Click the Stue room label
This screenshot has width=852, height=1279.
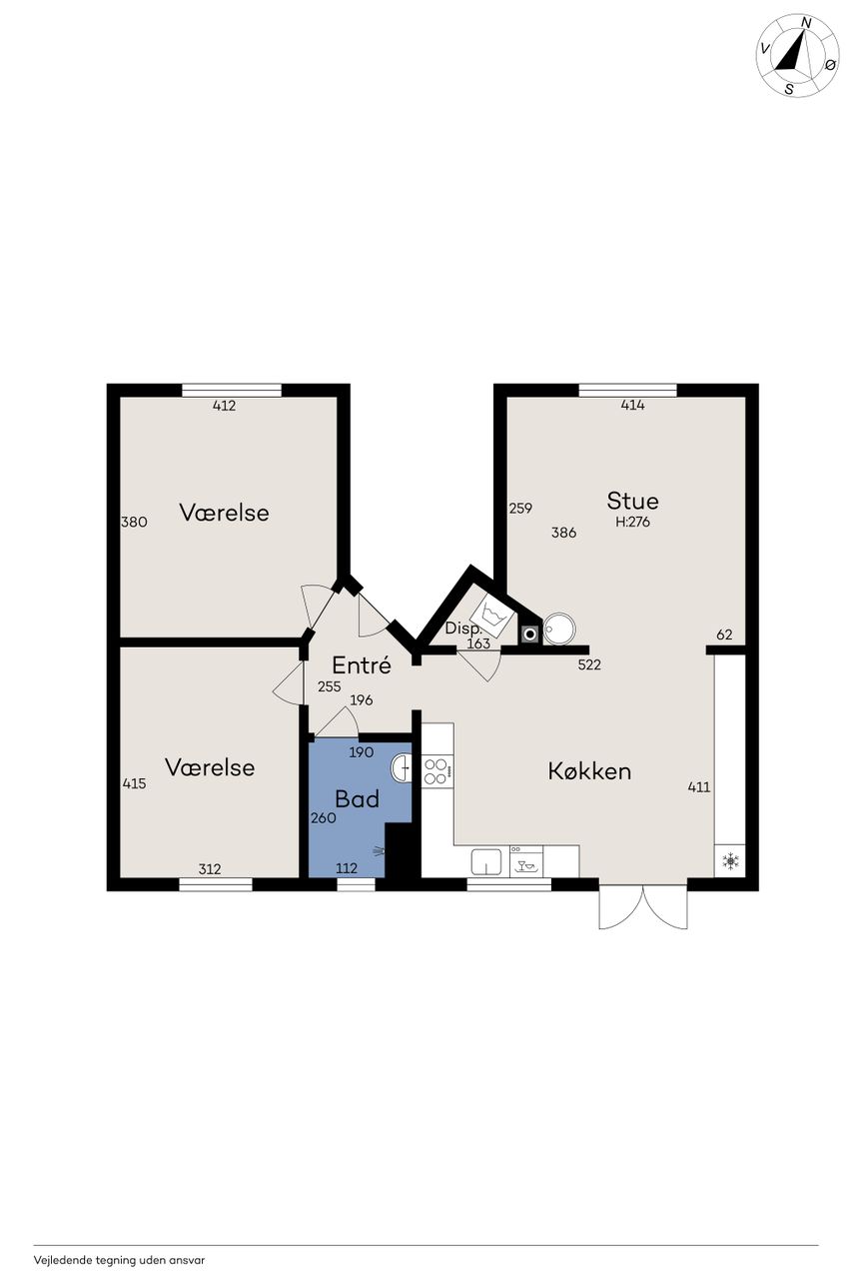pyautogui.click(x=632, y=501)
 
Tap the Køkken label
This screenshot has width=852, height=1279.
pyautogui.click(x=589, y=771)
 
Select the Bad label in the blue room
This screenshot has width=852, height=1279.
pyautogui.click(x=358, y=798)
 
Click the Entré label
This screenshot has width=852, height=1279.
pyautogui.click(x=362, y=664)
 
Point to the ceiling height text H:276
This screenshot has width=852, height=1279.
pyautogui.click(x=633, y=522)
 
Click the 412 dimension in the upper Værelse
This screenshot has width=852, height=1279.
pyautogui.click(x=225, y=406)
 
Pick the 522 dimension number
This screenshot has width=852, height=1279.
pyautogui.click(x=589, y=664)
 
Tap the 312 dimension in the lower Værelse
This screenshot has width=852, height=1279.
pyautogui.click(x=210, y=869)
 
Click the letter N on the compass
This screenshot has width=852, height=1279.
pyautogui.click(x=806, y=22)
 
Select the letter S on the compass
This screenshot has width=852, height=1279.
pyautogui.click(x=789, y=89)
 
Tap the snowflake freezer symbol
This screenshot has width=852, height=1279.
pyautogui.click(x=730, y=860)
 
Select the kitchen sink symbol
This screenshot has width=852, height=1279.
pyautogui.click(x=486, y=861)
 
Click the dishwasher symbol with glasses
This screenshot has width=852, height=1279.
pyautogui.click(x=526, y=861)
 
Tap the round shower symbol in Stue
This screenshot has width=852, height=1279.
pyautogui.click(x=559, y=629)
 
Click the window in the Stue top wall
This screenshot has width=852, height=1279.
pyautogui.click(x=627, y=391)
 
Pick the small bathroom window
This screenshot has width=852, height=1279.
pyautogui.click(x=357, y=884)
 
